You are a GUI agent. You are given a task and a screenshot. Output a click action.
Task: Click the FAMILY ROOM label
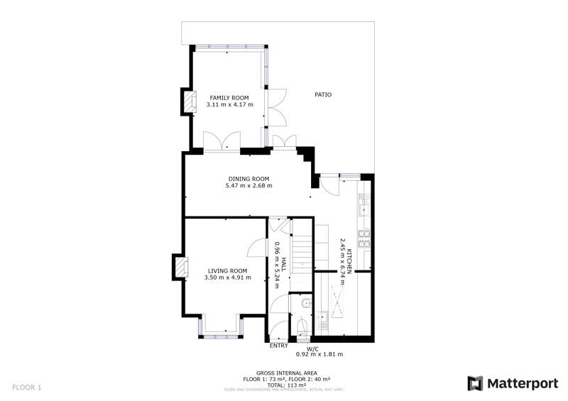pos(229,98)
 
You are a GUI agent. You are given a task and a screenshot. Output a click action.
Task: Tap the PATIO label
pos(323,94)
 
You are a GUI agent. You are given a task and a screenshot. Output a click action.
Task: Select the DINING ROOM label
pos(249,179)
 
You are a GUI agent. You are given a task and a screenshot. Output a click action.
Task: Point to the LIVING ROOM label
pos(227,270)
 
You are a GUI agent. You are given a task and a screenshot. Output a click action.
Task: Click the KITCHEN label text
pos(349,261)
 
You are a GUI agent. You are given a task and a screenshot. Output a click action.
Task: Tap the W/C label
pos(312,349)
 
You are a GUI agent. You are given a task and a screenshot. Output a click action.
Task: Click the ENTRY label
pos(279,346)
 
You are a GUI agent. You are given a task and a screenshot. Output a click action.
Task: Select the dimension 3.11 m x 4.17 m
pos(229,105)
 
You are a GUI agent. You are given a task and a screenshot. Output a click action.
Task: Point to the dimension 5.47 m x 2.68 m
pos(249,185)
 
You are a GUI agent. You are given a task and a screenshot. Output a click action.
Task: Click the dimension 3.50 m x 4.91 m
pos(227,278)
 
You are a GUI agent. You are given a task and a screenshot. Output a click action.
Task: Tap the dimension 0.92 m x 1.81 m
pos(319,354)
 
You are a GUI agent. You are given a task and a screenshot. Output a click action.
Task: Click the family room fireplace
pos(190,101)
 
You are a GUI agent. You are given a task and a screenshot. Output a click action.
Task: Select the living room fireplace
pos(181,268)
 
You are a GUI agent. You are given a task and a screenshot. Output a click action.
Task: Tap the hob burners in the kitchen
pos(364,238)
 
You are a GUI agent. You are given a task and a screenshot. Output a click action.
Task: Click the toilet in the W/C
pos(301,328)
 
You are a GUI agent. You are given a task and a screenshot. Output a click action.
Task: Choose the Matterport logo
pos(513,383)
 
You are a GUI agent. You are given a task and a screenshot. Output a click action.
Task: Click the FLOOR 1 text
pos(27,388)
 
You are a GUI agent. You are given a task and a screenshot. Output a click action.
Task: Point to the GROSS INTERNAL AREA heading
pos(287,373)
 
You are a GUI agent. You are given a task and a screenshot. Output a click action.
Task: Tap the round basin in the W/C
pos(307,302)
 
